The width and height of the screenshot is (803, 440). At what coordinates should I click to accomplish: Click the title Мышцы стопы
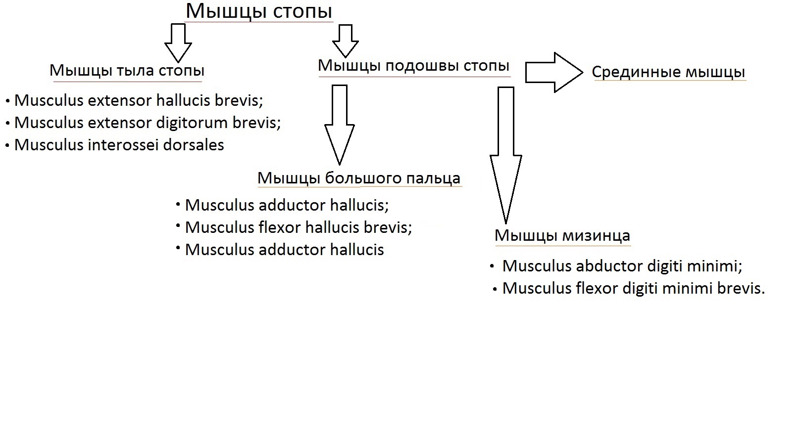(259, 11)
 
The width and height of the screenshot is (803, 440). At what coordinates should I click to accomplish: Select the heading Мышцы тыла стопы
(127, 71)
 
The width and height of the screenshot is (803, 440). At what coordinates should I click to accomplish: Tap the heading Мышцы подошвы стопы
(414, 66)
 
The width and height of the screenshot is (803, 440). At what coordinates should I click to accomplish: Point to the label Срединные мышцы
(668, 72)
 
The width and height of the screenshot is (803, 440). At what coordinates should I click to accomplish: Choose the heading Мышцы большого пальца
(359, 178)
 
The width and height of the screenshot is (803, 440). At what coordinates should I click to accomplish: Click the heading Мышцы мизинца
(562, 236)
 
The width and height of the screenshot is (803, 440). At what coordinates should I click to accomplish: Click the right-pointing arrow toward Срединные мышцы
(554, 72)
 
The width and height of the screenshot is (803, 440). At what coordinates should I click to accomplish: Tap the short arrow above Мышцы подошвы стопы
(346, 41)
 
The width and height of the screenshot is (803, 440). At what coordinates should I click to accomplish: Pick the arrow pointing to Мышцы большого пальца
(340, 125)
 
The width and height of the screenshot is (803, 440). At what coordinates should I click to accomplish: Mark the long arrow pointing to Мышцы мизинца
(506, 155)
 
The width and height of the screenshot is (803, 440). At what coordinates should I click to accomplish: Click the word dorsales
(194, 145)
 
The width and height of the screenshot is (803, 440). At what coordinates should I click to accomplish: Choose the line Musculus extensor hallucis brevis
(139, 100)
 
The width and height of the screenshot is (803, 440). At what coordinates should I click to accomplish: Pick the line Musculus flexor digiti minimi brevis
(633, 289)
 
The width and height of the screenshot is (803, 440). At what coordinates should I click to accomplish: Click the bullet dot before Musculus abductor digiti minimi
(492, 266)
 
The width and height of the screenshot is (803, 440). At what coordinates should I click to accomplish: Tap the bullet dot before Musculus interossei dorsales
(7, 146)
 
